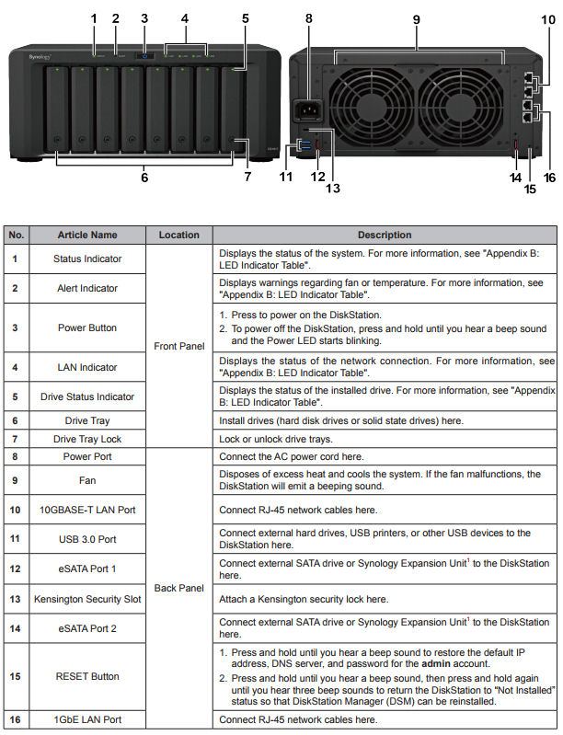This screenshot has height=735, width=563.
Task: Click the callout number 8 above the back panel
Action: [x=309, y=17]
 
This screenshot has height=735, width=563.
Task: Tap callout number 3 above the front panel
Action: [x=144, y=17]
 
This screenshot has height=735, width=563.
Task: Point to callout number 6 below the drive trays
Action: [x=144, y=178]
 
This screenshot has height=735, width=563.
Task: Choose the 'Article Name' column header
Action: [x=87, y=235]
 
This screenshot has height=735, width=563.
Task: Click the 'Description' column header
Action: [x=385, y=235]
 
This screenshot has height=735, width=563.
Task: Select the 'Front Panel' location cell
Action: [x=178, y=346]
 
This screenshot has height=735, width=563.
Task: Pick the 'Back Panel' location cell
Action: [x=178, y=587]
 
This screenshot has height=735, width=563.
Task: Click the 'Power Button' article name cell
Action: [x=87, y=327]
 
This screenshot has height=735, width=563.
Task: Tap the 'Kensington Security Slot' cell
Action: [x=87, y=599]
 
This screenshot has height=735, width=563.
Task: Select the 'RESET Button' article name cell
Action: [x=87, y=676]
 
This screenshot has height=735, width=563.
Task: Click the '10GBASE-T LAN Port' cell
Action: [x=87, y=509]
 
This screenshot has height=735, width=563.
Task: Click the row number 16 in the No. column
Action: [x=15, y=718]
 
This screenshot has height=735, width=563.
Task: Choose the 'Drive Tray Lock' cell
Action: [x=87, y=439]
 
